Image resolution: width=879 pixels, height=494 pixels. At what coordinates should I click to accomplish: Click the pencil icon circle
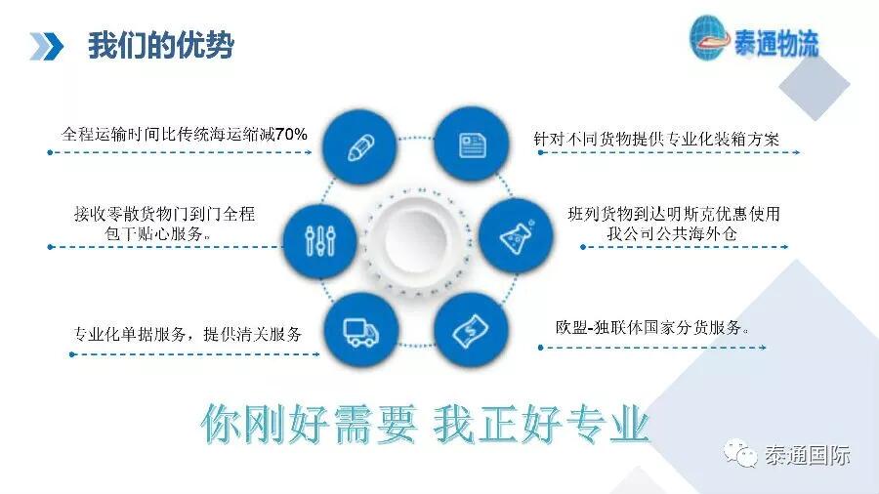359,146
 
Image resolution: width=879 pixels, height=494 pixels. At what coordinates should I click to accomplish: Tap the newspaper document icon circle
472,144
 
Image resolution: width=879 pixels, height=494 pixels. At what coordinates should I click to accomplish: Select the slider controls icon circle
319,241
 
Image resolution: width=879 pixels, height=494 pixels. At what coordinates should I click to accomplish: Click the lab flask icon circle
516,235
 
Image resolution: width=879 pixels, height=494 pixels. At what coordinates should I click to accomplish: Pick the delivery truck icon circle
361,330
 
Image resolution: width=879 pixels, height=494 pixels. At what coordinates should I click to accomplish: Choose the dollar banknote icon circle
471,330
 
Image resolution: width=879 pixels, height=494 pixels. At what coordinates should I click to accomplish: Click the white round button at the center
416,240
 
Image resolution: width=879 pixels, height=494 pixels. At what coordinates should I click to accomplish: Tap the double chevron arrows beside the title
46,46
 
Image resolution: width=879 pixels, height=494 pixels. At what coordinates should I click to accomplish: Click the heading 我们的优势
161,45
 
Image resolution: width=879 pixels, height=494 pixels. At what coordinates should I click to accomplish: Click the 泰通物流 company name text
776,43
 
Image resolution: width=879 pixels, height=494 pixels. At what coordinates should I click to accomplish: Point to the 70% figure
291,135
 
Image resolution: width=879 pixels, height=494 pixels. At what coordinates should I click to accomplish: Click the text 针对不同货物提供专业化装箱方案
656,139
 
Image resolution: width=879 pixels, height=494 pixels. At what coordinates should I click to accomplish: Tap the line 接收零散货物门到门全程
164,214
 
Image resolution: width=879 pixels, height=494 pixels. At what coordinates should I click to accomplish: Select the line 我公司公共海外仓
672,233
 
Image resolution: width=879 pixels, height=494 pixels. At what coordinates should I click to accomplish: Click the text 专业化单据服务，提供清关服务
188,334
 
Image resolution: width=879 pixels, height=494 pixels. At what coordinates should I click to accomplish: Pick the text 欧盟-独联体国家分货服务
652,327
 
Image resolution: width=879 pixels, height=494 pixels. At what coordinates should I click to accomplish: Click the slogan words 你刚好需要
310,424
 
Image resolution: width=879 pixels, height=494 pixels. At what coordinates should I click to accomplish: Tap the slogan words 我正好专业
541,424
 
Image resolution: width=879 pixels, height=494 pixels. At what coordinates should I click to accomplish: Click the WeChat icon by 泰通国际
740,454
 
